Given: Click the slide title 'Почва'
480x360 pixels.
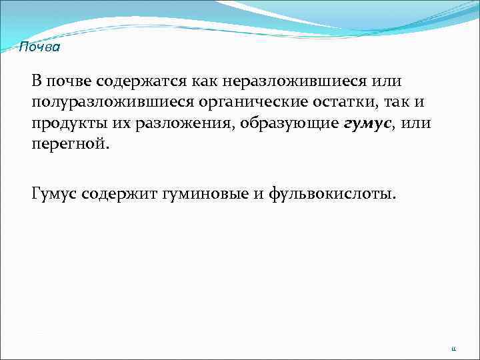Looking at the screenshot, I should (39, 47).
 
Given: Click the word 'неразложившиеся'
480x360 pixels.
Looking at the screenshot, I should (297, 81).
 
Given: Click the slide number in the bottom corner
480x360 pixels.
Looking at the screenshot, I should (453, 347).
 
